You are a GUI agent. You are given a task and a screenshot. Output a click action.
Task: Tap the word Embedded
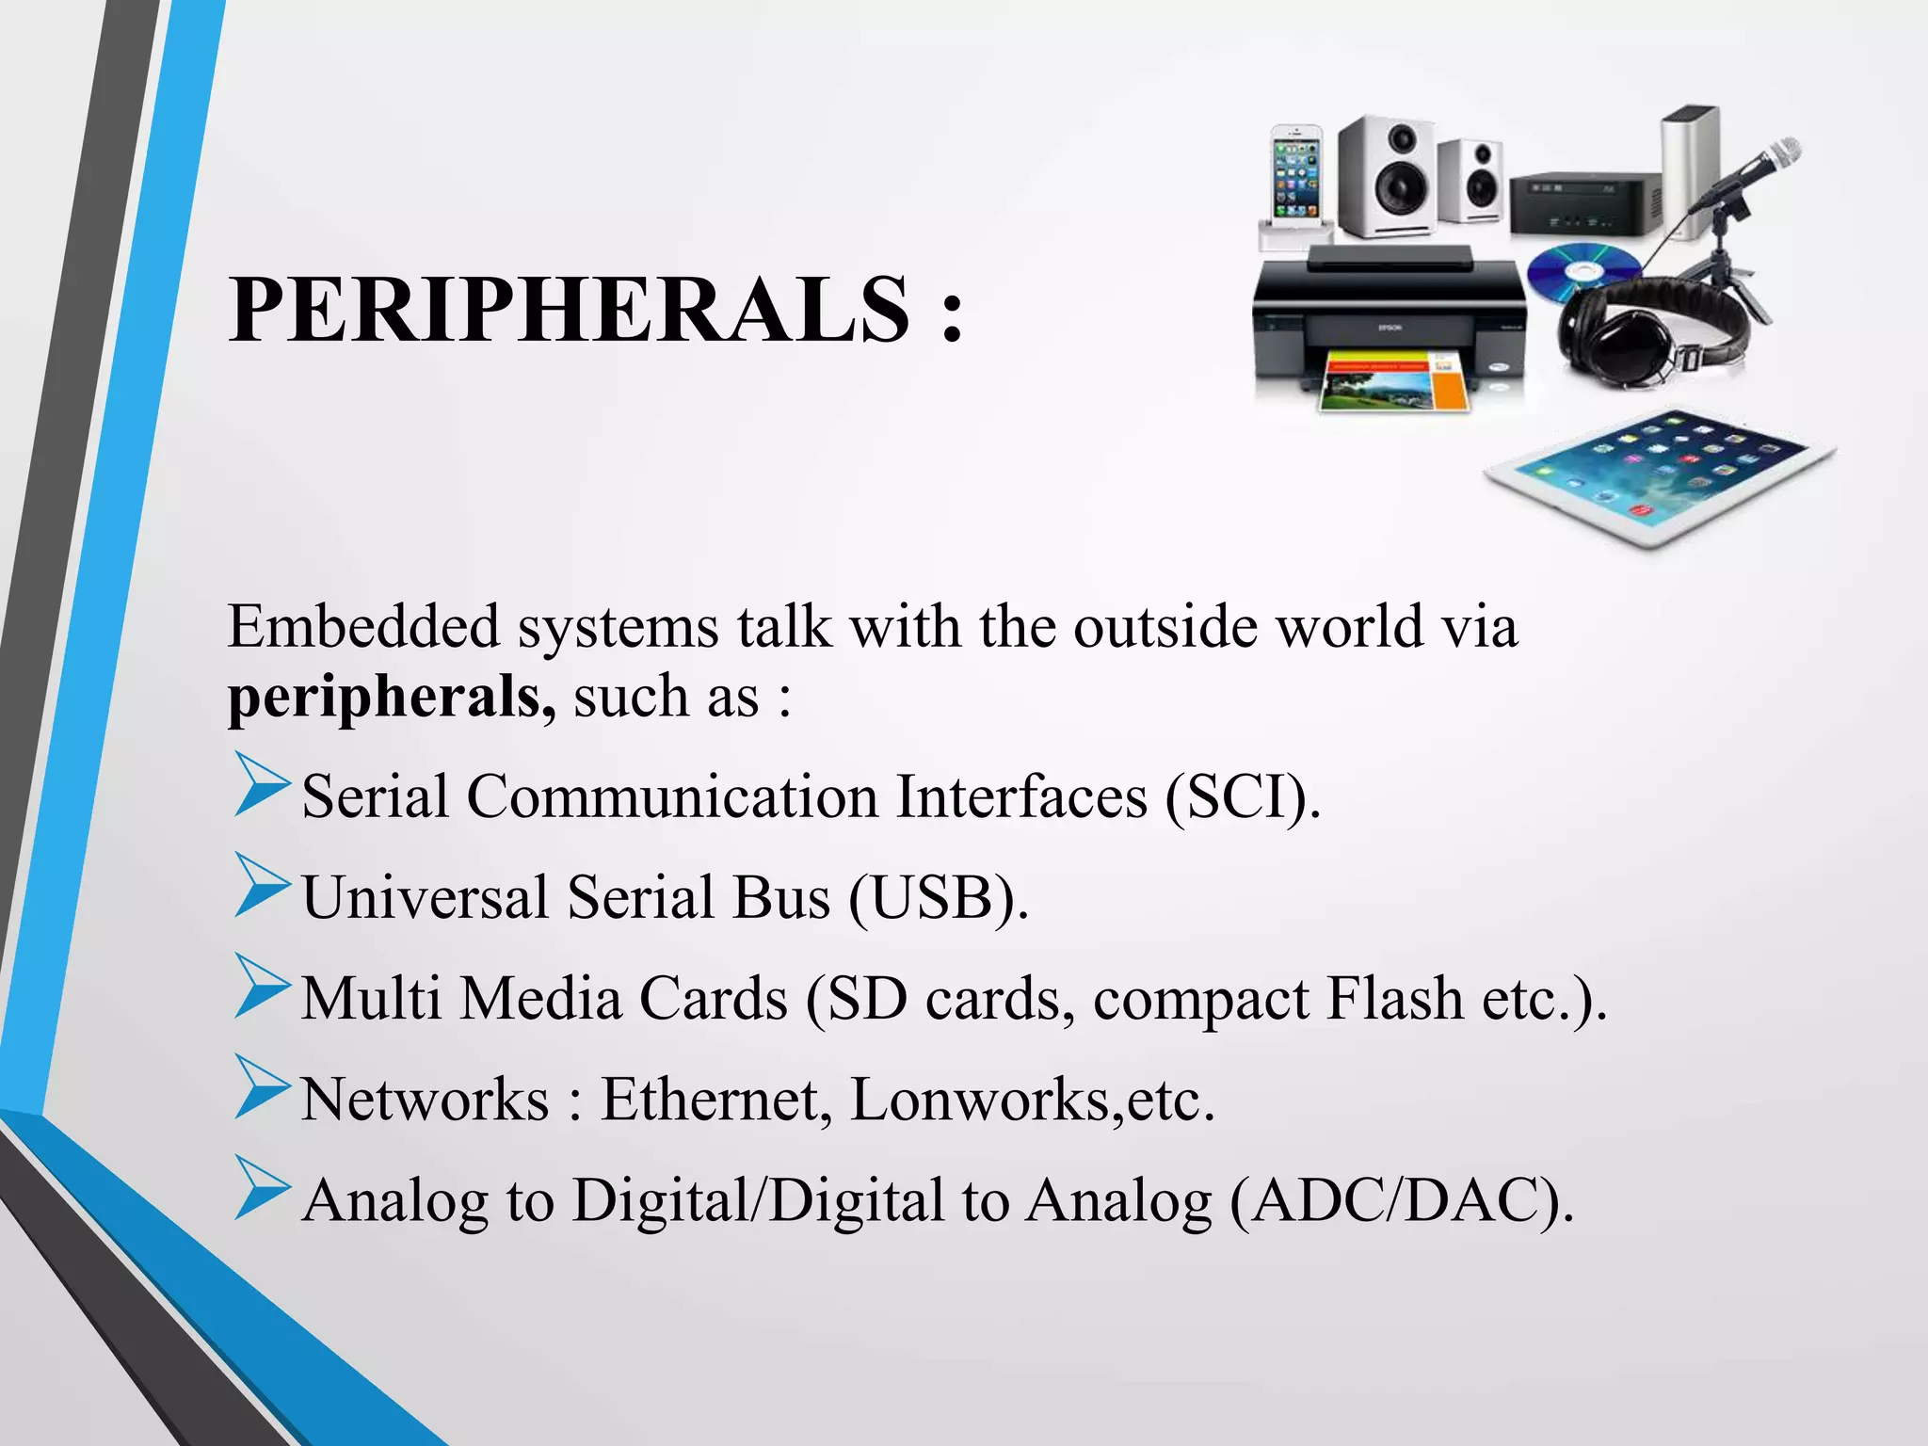point(363,626)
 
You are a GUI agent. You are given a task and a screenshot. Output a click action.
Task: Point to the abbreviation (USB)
point(938,897)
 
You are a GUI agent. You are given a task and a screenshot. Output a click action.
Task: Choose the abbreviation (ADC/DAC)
point(1401,1201)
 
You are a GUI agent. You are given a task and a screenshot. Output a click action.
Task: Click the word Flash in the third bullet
point(1393,998)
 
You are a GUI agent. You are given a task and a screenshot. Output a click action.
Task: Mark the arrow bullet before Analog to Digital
point(261,1188)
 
